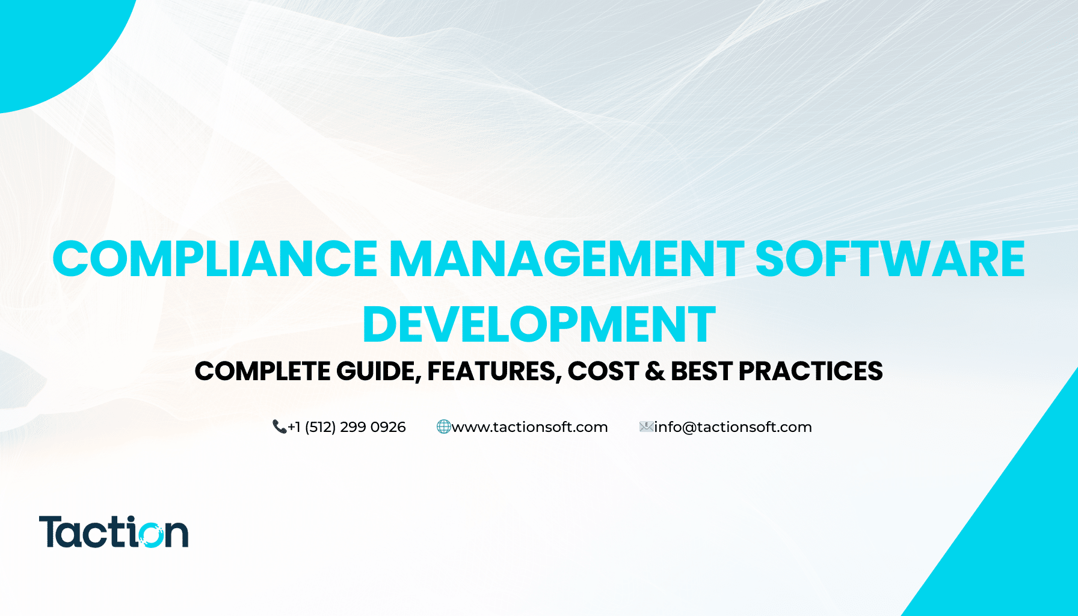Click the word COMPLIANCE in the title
(215, 259)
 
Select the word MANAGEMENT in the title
(566, 259)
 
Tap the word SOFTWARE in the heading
(890, 259)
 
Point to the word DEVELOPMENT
(539, 325)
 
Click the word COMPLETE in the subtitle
(262, 371)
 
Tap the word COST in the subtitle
(603, 371)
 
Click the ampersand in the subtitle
(654, 371)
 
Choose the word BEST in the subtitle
(701, 371)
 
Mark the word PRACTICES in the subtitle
(810, 371)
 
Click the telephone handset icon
(279, 427)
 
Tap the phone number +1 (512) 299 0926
(347, 427)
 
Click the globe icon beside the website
(443, 427)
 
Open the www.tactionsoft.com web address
(530, 427)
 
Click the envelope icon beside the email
(646, 427)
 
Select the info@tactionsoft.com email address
(733, 427)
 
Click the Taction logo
(114, 532)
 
